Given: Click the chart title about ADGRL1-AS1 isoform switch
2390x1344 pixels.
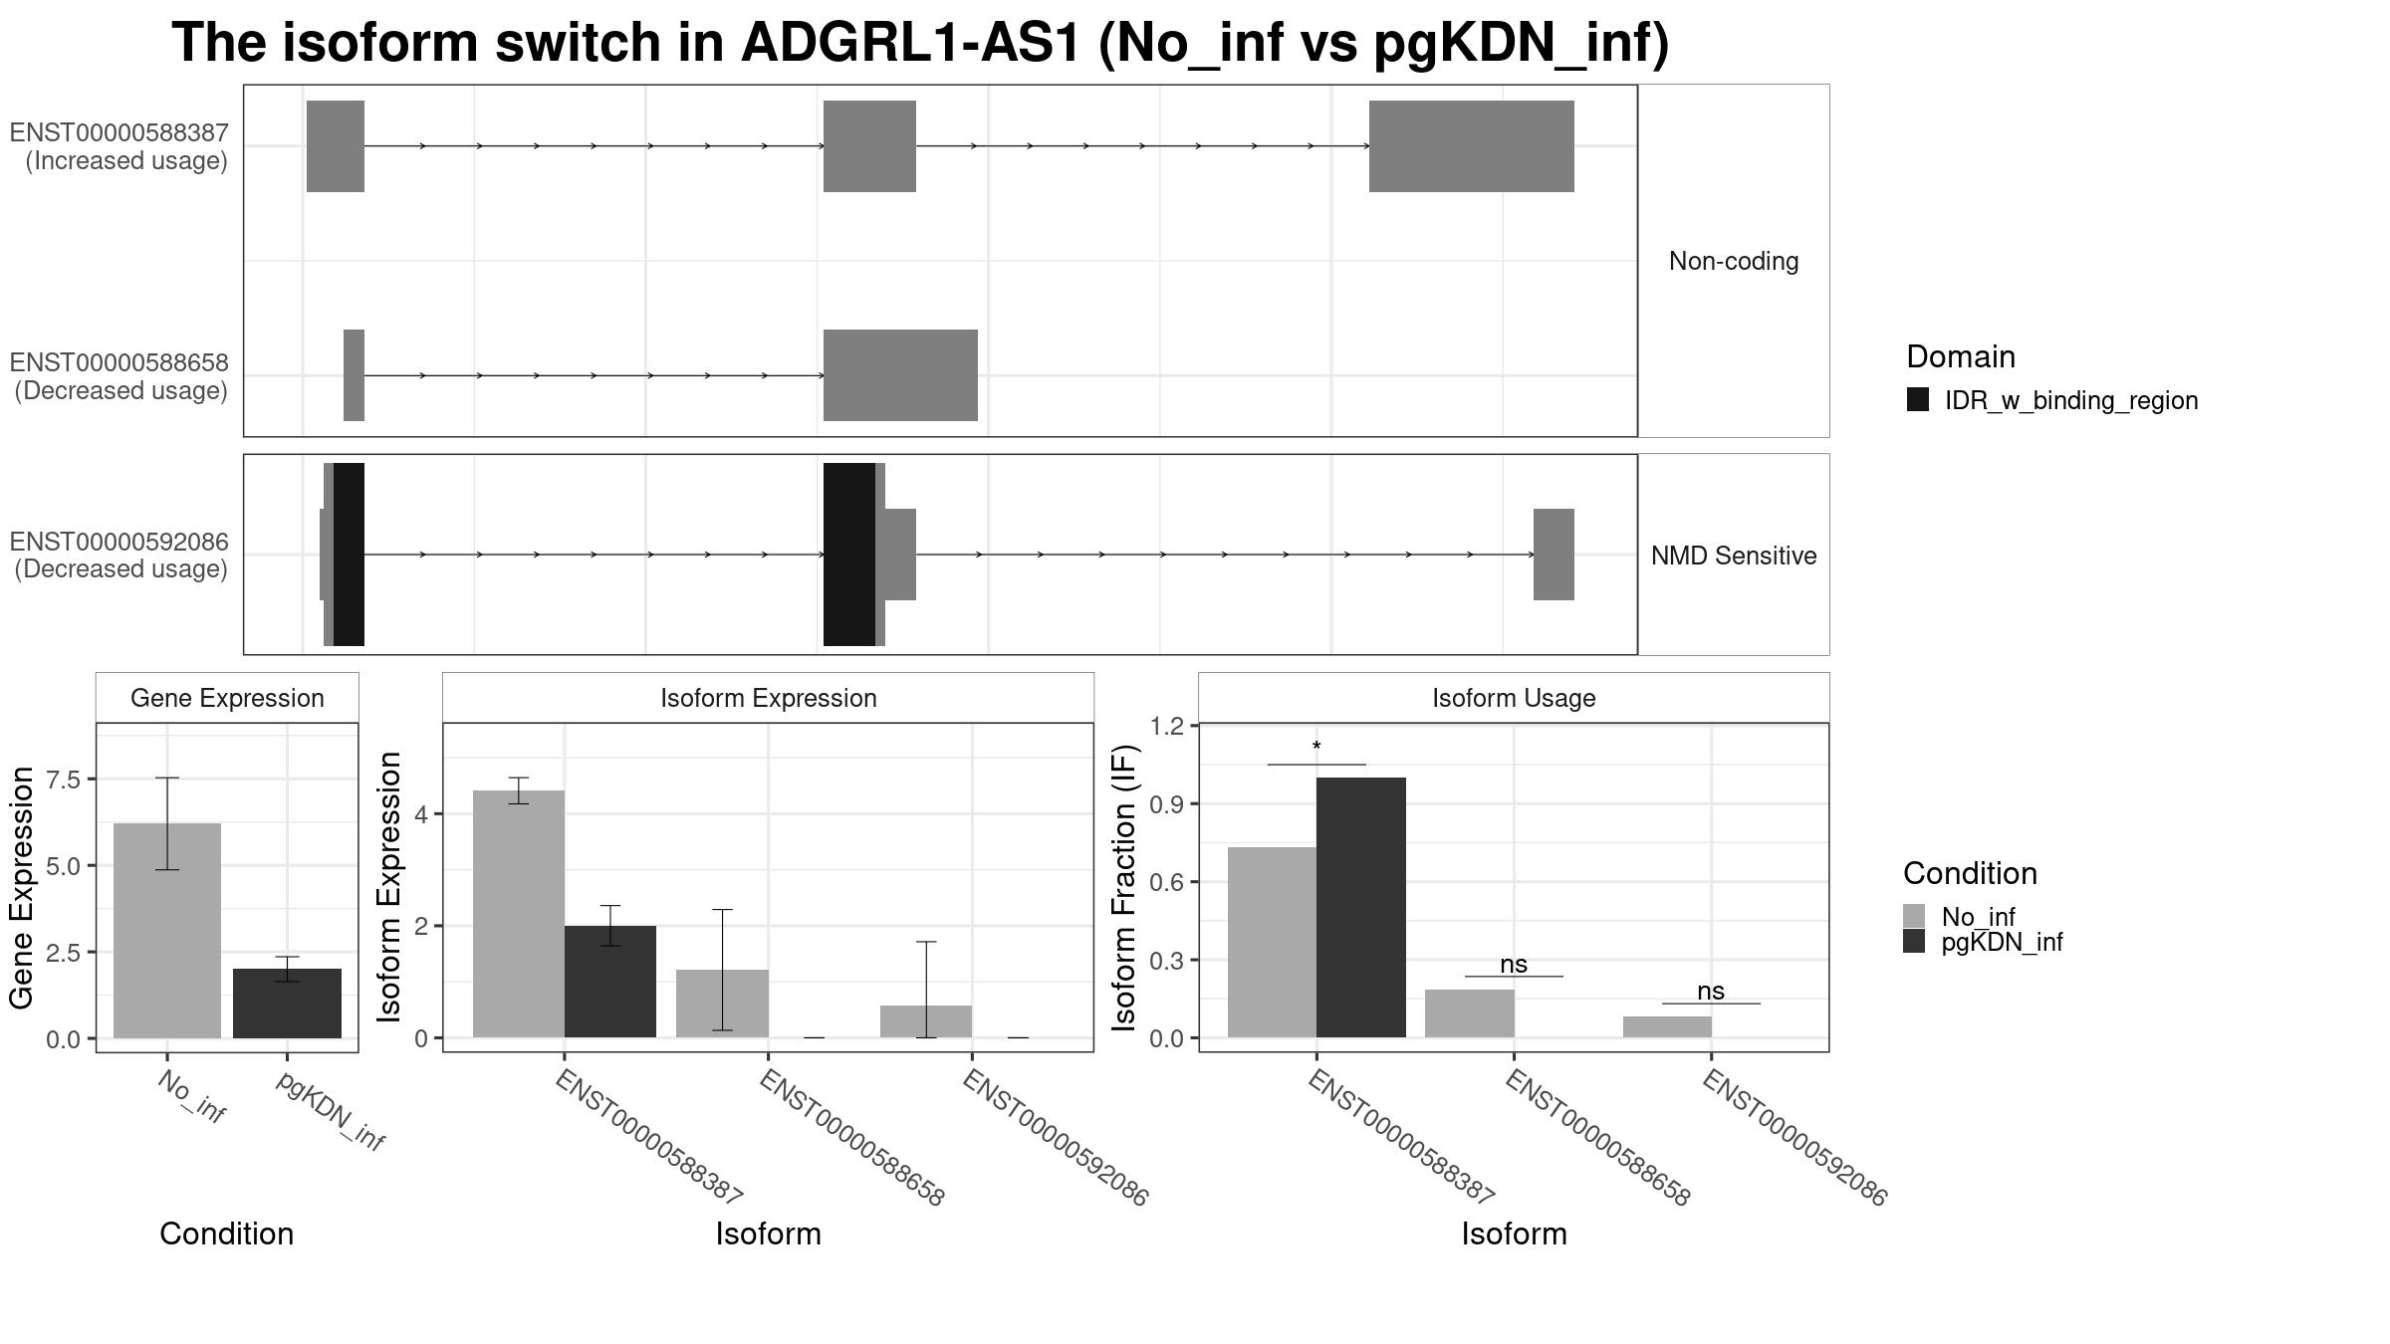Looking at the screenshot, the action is pyautogui.click(x=920, y=44).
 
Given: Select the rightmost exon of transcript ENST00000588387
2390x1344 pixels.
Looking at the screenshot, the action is pyautogui.click(x=1472, y=146).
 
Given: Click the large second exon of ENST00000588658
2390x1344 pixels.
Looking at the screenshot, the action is pyautogui.click(x=900, y=375).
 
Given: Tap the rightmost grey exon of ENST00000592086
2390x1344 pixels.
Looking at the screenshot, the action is pyautogui.click(x=1553, y=555).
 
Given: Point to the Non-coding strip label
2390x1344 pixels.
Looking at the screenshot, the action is pyautogui.click(x=1734, y=261).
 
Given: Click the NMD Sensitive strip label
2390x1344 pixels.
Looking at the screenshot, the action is pyautogui.click(x=1734, y=556).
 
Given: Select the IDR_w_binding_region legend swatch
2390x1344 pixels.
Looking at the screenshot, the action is pyautogui.click(x=1918, y=399).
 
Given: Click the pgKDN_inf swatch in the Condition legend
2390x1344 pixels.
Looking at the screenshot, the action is pyautogui.click(x=1914, y=942).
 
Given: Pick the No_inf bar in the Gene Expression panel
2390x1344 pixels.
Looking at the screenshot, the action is pyautogui.click(x=167, y=931).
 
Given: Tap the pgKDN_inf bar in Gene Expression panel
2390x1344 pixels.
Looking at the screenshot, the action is pyautogui.click(x=287, y=1004).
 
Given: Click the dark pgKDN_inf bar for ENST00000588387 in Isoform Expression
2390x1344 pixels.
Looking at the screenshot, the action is pyautogui.click(x=610, y=982).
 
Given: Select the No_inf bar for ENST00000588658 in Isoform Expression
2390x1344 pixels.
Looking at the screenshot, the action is pyautogui.click(x=722, y=1004).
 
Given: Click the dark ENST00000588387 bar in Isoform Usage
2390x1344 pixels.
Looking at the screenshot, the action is pyautogui.click(x=1361, y=908).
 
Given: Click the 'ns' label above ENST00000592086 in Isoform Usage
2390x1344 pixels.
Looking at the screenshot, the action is pyautogui.click(x=1711, y=992).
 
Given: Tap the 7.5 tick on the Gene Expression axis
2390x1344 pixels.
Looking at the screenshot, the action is pyautogui.click(x=63, y=780).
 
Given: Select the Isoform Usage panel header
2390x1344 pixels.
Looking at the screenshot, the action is pyautogui.click(x=1514, y=698).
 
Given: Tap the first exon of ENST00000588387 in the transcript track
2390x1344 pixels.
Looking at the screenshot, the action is pyautogui.click(x=336, y=146).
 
